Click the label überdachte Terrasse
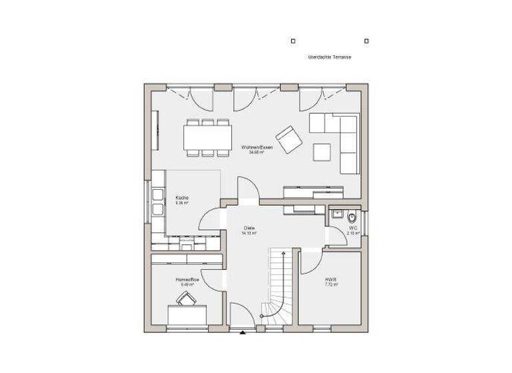click(x=329, y=57)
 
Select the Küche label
click(x=182, y=198)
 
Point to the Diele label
click(x=249, y=228)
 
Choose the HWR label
click(x=331, y=280)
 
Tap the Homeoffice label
click(x=187, y=280)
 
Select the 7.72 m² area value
click(x=331, y=284)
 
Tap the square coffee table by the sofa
click(x=323, y=153)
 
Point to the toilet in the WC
click(x=353, y=217)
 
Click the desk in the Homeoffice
click(x=187, y=314)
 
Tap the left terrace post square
click(x=293, y=41)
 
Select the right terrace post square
click(x=367, y=41)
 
